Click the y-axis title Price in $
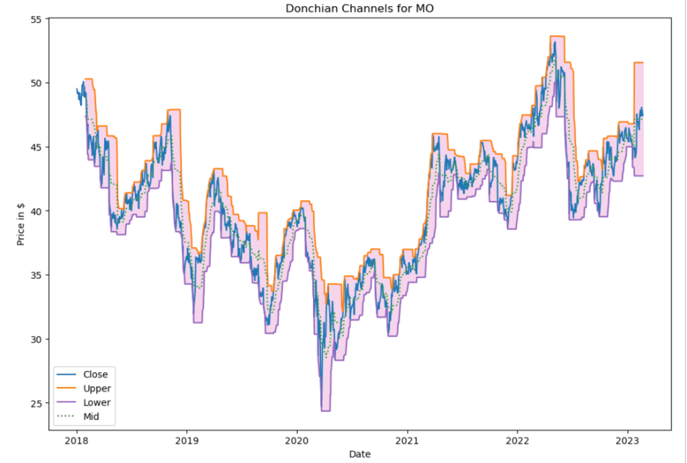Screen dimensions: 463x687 pyautogui.click(x=21, y=224)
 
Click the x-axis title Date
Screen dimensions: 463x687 pyautogui.click(x=359, y=454)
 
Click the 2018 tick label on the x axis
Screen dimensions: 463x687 pyautogui.click(x=77, y=440)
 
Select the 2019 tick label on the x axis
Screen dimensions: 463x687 pyautogui.click(x=187, y=440)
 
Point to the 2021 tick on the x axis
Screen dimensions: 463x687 pyautogui.click(x=407, y=440)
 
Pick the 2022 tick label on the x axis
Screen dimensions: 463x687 pyautogui.click(x=517, y=440)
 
